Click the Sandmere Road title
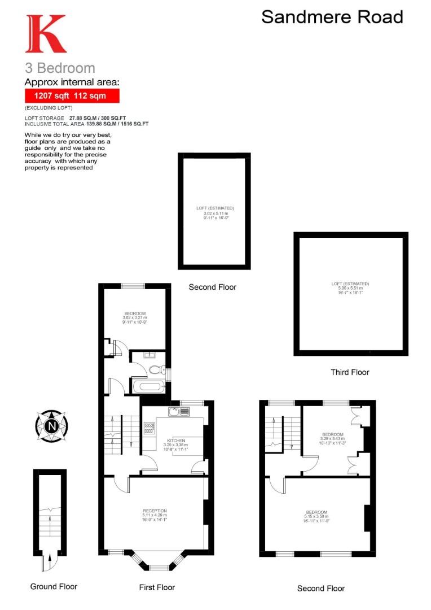(332, 17)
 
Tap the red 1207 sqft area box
(72, 96)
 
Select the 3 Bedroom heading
(60, 68)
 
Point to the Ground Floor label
(54, 586)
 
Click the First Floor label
(157, 587)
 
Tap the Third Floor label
(350, 372)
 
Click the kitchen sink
(179, 411)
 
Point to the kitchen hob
(149, 429)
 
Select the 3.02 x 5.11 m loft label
(215, 212)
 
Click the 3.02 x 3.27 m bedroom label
(135, 317)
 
